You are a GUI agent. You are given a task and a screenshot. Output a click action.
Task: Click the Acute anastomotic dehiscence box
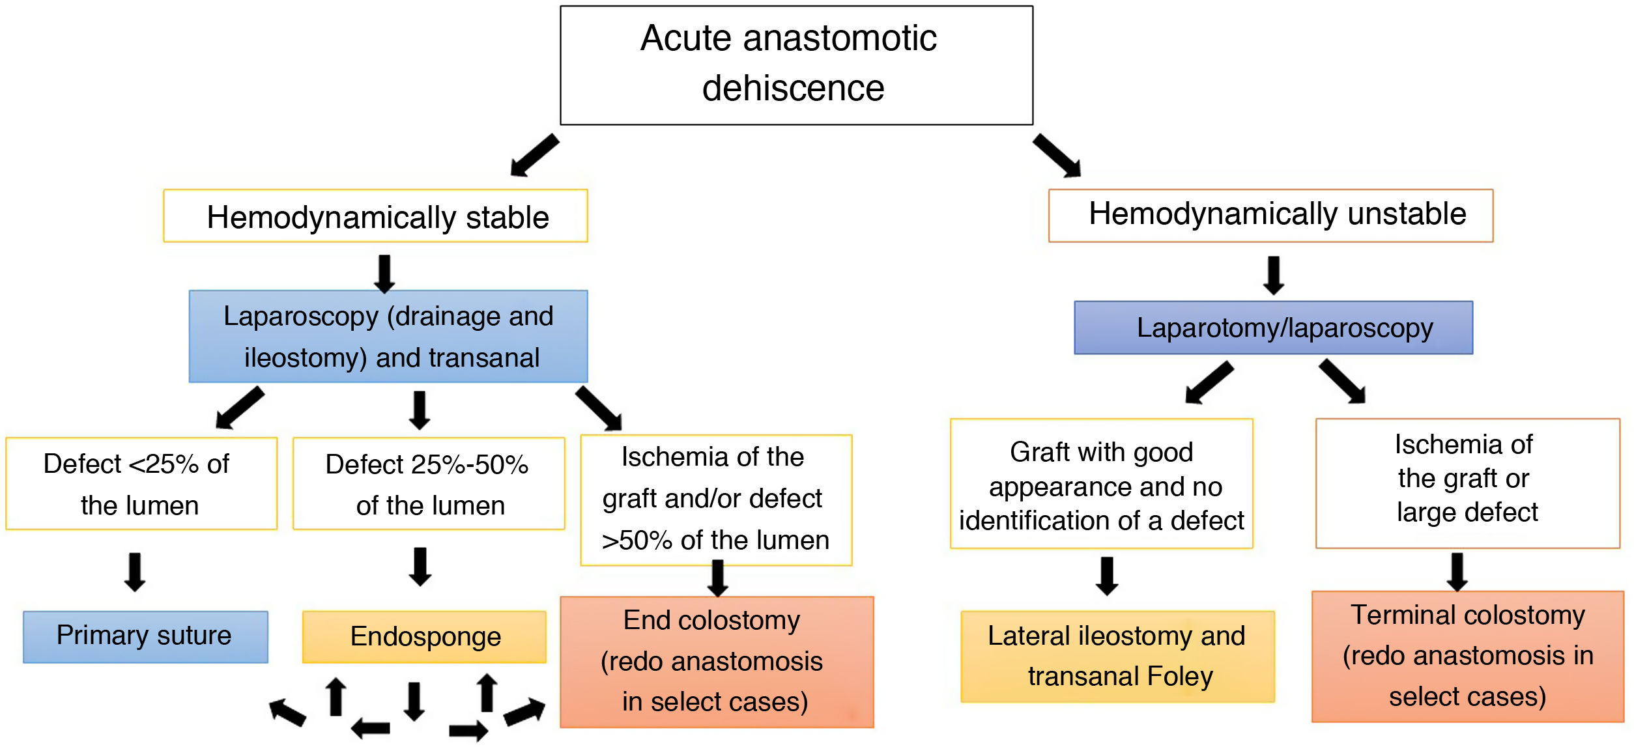pyautogui.click(x=796, y=65)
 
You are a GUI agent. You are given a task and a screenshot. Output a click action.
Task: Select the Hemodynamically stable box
pyautogui.click(x=375, y=216)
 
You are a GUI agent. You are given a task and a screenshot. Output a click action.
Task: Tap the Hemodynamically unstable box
pyautogui.click(x=1270, y=216)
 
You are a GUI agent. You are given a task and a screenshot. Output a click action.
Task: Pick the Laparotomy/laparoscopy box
pyautogui.click(x=1273, y=328)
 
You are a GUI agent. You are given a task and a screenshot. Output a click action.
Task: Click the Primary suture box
pyautogui.click(x=145, y=636)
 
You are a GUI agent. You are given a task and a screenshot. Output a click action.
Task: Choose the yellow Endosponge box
pyautogui.click(x=424, y=636)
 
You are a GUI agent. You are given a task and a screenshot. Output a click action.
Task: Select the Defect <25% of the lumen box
pyautogui.click(x=141, y=483)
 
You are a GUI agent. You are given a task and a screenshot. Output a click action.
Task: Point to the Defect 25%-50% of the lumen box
pyautogui.click(x=429, y=483)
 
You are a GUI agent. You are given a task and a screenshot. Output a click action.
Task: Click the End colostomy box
pyautogui.click(x=717, y=661)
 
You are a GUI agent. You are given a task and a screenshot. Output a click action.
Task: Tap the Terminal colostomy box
pyautogui.click(x=1467, y=656)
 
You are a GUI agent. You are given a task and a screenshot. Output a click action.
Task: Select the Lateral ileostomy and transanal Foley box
pyautogui.click(x=1117, y=656)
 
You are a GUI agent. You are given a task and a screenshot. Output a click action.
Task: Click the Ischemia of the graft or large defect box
pyautogui.click(x=1467, y=483)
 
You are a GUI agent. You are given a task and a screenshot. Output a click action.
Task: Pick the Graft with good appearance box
pyautogui.click(x=1101, y=483)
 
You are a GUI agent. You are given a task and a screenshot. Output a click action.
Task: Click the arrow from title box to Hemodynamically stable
pyautogui.click(x=534, y=155)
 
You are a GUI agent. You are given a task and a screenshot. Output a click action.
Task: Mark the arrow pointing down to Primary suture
pyautogui.click(x=135, y=572)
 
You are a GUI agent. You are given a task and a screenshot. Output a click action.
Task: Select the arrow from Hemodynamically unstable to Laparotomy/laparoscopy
pyautogui.click(x=1274, y=275)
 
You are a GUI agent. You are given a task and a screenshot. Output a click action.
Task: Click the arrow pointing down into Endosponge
pyautogui.click(x=420, y=566)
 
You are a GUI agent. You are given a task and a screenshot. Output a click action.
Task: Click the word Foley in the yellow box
pyautogui.click(x=1179, y=676)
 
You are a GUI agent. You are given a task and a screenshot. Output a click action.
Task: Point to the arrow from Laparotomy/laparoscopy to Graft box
pyautogui.click(x=1209, y=383)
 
